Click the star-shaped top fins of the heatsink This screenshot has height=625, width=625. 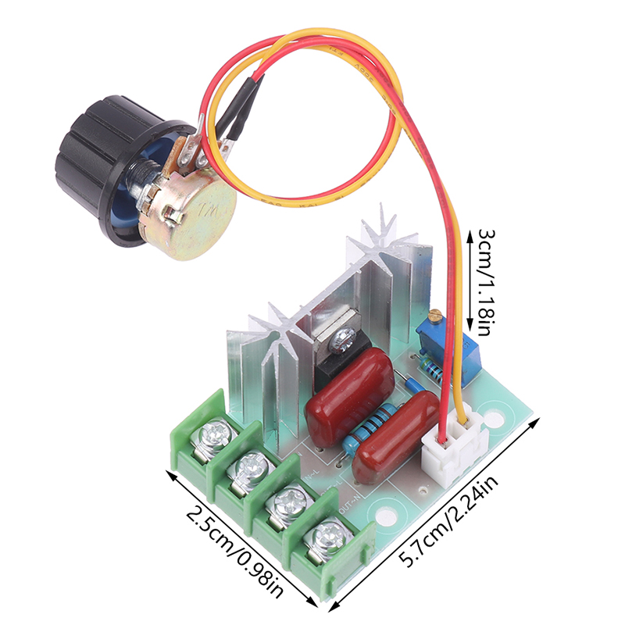[383, 234]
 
